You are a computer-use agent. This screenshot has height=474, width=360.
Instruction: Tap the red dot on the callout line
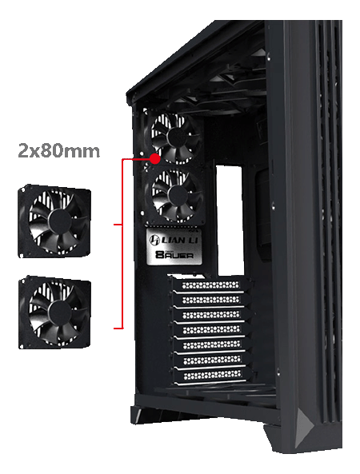[x=154, y=158]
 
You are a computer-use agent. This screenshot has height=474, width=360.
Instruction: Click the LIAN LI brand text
[x=179, y=238]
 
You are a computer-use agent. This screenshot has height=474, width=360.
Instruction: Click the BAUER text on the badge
[x=176, y=256]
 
